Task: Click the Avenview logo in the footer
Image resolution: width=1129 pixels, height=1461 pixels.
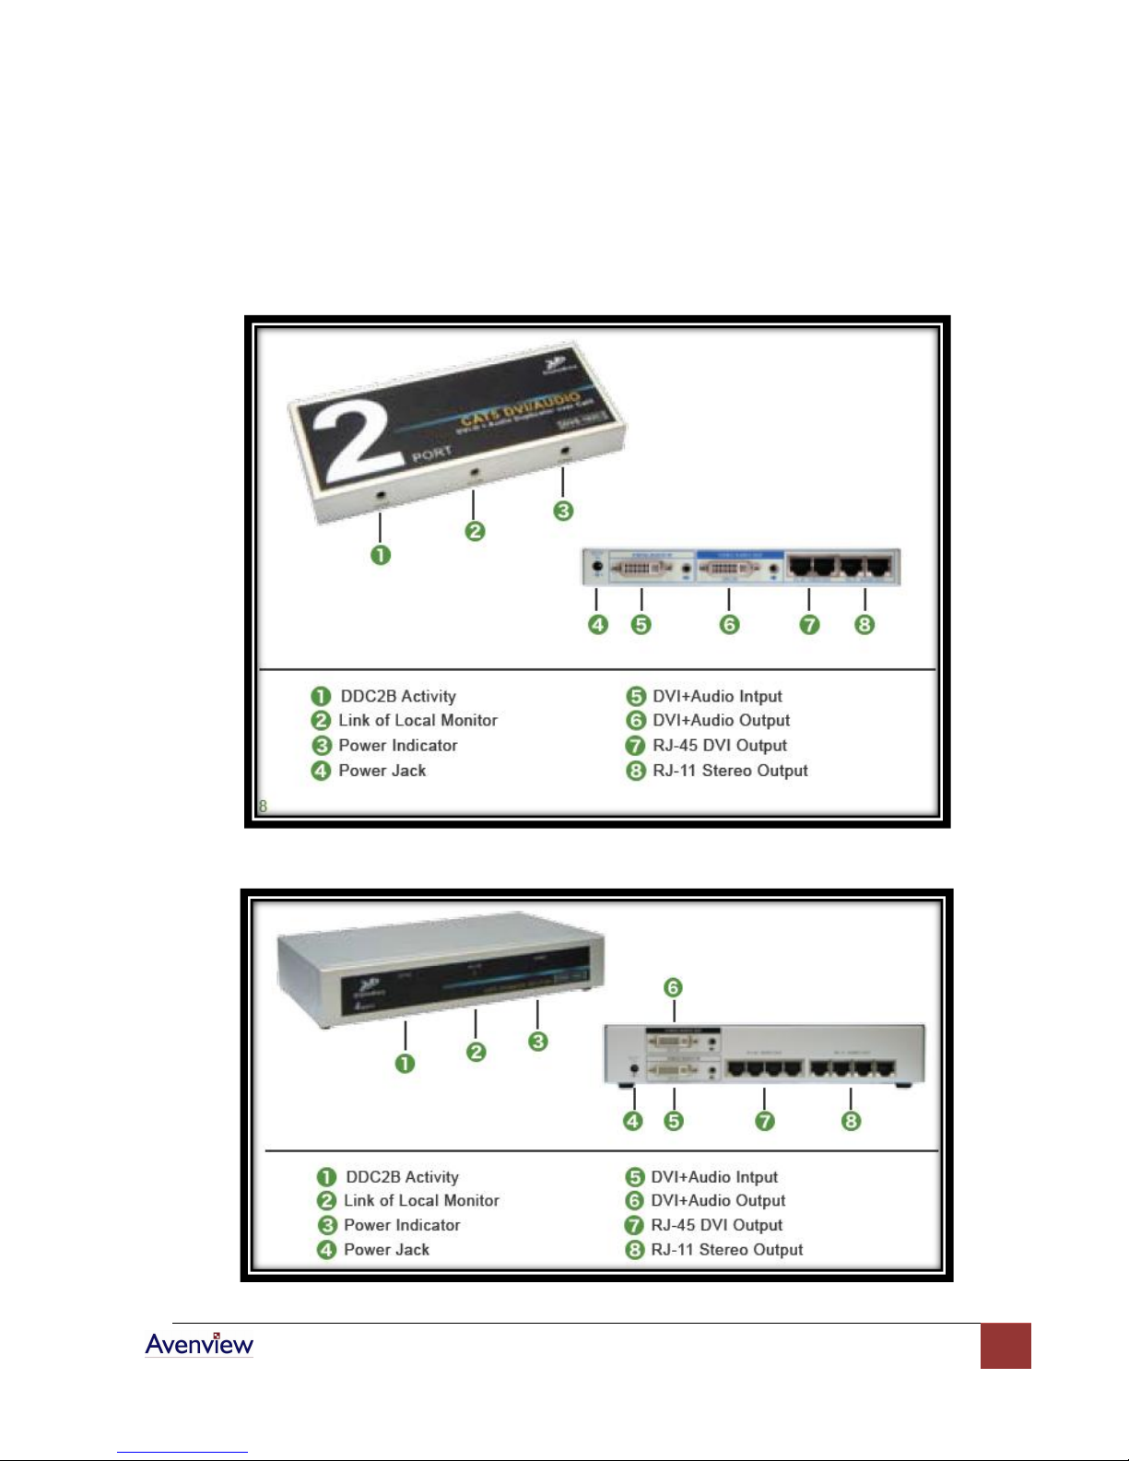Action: tap(199, 1345)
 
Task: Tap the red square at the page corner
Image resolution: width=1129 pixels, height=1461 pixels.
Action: tap(1005, 1346)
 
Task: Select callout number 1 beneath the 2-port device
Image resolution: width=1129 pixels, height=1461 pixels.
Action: tap(381, 555)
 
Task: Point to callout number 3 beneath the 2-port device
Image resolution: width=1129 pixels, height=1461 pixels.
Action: tap(563, 511)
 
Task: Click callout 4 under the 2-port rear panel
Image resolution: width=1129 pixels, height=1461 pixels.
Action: tap(598, 625)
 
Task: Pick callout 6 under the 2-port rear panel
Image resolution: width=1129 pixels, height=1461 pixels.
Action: tap(729, 625)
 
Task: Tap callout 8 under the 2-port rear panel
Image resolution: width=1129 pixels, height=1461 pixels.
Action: tap(864, 625)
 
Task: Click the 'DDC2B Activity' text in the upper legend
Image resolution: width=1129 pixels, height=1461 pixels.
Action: tap(398, 696)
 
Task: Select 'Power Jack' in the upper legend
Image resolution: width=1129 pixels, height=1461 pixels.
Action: tap(382, 771)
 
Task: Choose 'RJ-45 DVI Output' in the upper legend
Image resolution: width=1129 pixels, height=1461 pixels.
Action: tap(720, 746)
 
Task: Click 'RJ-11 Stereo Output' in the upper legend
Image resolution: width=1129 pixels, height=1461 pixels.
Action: tap(730, 771)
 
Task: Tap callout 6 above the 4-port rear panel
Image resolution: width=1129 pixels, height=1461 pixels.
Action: tap(674, 988)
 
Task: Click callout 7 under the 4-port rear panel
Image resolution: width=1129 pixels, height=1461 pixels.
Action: tap(765, 1121)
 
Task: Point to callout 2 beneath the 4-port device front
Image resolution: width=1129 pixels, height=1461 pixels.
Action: tap(476, 1052)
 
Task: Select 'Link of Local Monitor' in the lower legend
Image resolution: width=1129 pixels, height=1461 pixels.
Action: tap(421, 1201)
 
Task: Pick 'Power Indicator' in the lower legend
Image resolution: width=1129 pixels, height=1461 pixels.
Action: tap(402, 1225)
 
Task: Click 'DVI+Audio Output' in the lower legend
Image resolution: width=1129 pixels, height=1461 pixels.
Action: tap(718, 1201)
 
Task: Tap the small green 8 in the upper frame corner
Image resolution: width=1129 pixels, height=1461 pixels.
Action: tap(263, 807)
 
